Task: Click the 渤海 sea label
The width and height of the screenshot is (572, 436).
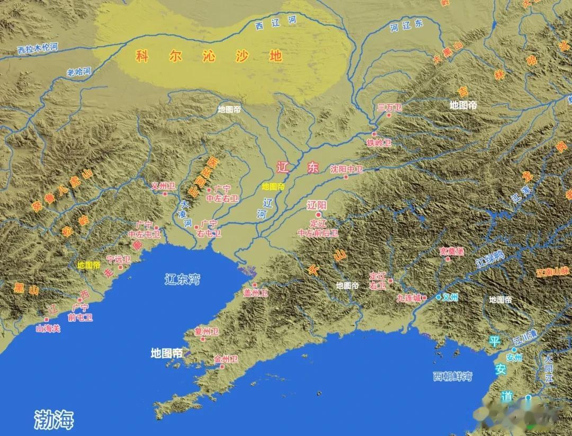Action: (x=53, y=419)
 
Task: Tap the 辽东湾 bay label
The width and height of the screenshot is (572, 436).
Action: (x=182, y=279)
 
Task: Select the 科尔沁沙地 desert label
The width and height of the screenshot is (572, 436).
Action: (x=209, y=56)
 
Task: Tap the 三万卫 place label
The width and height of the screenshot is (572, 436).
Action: (x=389, y=108)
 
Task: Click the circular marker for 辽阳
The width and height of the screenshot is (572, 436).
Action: (x=318, y=215)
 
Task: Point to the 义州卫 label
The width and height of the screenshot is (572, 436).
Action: (x=163, y=186)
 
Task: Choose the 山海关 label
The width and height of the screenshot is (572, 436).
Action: (x=48, y=328)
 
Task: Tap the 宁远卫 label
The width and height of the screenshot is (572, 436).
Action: (x=118, y=260)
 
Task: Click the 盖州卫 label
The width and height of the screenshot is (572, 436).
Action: (x=256, y=293)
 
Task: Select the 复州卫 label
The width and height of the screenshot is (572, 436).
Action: (x=207, y=332)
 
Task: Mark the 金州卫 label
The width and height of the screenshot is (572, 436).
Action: (x=226, y=359)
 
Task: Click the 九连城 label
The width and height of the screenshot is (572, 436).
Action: (x=409, y=298)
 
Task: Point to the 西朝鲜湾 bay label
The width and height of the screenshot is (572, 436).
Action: (x=452, y=376)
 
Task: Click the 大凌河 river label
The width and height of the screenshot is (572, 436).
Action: (x=185, y=214)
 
